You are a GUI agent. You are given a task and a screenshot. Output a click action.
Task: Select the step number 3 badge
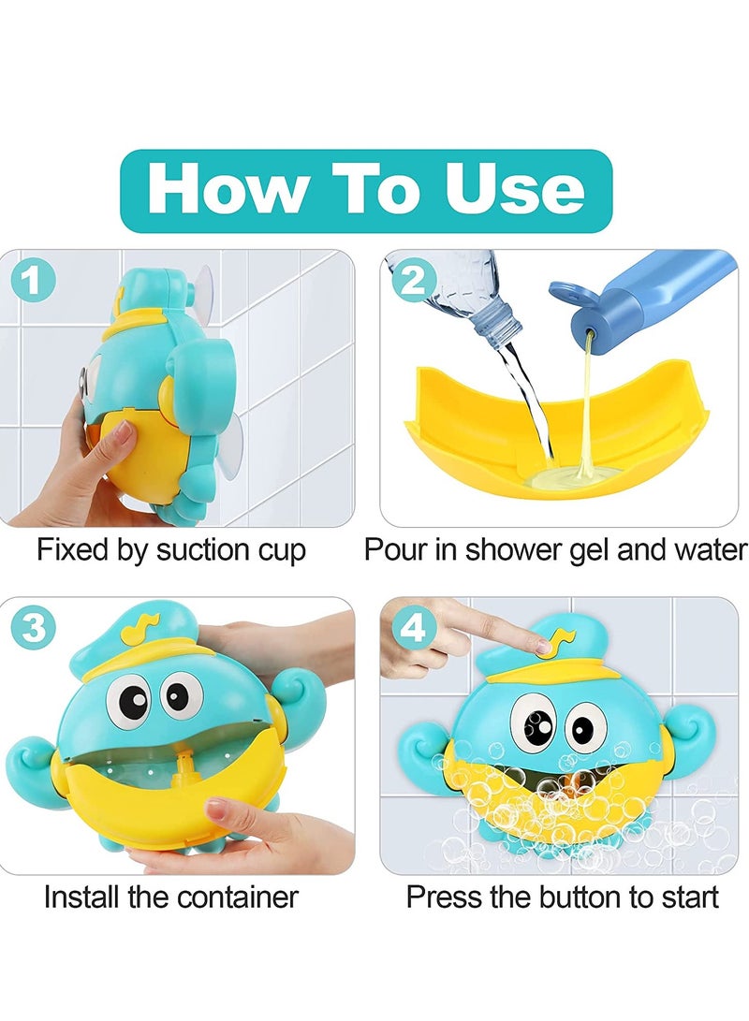pos(33,629)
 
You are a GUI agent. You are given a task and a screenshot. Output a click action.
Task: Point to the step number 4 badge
pos(413,629)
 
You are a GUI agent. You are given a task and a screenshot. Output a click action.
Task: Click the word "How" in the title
pos(225,190)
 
